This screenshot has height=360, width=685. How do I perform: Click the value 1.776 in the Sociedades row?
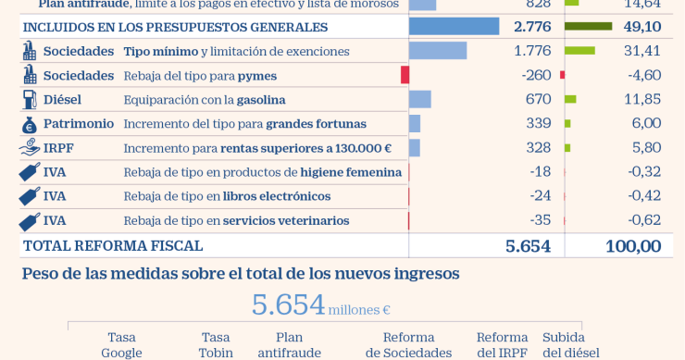click(x=531, y=51)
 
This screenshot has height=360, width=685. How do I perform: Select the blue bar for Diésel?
click(x=419, y=99)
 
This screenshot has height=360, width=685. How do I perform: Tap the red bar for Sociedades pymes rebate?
click(x=405, y=75)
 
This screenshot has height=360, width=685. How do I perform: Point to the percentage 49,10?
click(x=641, y=27)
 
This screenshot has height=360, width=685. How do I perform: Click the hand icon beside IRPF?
click(x=29, y=148)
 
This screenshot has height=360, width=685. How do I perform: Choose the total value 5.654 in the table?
click(x=528, y=246)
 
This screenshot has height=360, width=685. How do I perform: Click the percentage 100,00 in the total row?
click(x=633, y=246)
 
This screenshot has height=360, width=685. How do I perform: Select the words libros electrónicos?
click(x=277, y=196)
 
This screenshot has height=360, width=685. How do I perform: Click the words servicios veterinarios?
click(x=286, y=220)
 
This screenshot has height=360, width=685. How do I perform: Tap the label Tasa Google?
click(x=121, y=344)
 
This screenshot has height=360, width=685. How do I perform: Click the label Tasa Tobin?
click(x=216, y=344)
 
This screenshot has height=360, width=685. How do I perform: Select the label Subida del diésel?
click(x=570, y=344)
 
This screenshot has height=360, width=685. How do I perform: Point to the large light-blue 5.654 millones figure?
click(x=289, y=305)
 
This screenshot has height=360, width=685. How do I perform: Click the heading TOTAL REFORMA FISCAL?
click(x=112, y=246)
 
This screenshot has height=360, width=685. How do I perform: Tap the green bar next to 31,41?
click(x=579, y=51)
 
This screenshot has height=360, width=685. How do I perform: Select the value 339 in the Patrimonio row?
click(x=538, y=123)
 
